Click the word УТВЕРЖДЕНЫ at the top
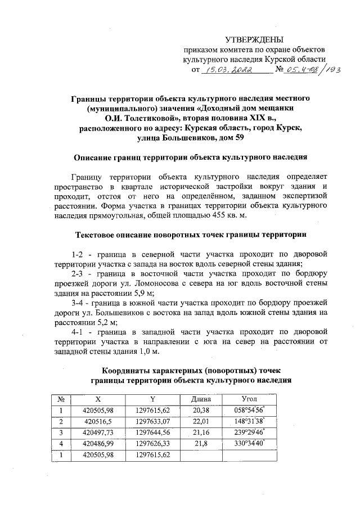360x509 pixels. pos(254,39)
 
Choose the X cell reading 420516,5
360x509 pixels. pos(98,421)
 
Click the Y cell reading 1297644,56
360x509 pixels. pos(152,432)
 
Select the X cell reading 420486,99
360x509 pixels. pos(98,443)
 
